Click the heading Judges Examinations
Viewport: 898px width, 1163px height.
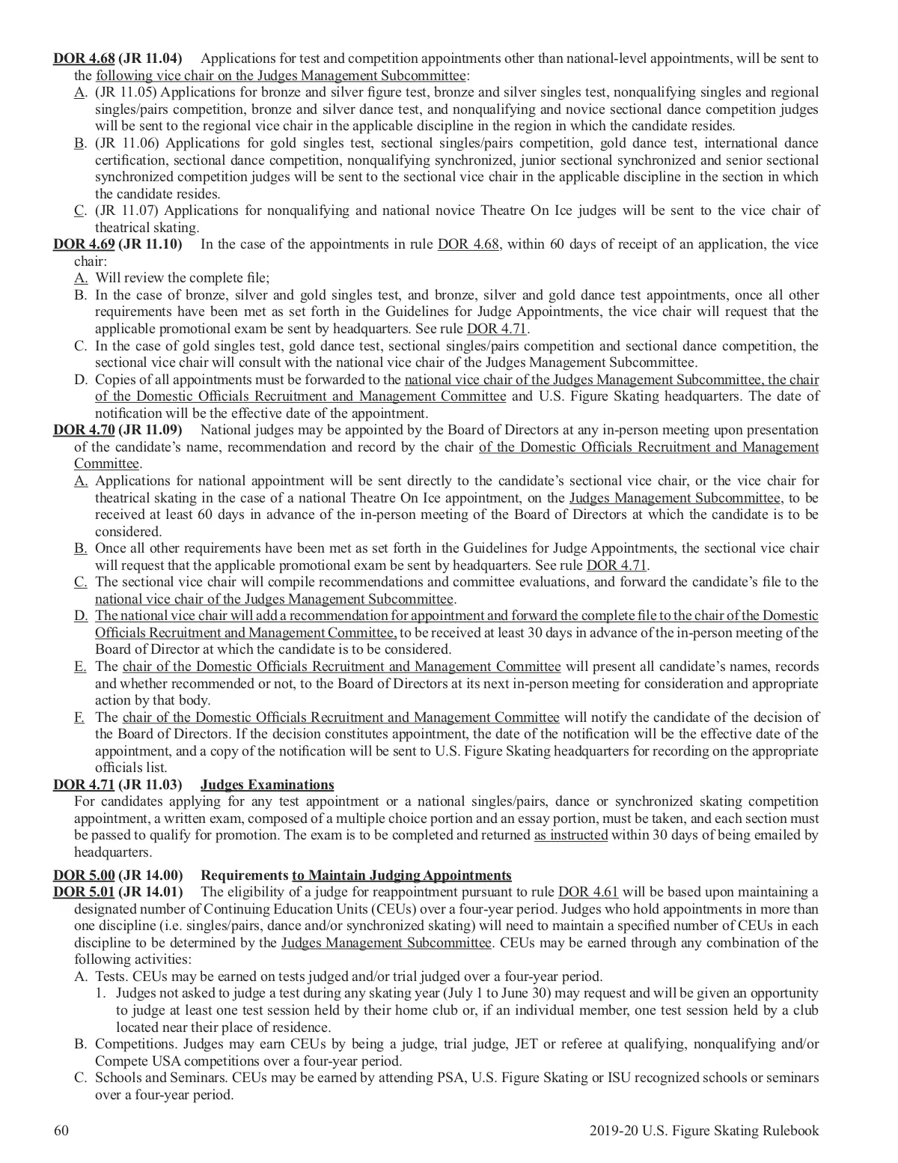point(267,785)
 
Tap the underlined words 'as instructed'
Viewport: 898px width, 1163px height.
point(570,835)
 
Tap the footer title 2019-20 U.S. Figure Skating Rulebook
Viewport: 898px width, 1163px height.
point(699,1131)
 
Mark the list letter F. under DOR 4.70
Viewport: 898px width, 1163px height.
point(79,717)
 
